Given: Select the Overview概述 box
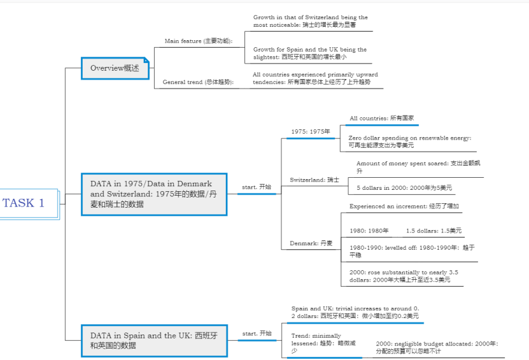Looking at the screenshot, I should click(x=115, y=68).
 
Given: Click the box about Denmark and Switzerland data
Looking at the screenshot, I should click(x=154, y=194).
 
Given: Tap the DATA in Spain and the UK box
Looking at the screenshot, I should click(x=154, y=340).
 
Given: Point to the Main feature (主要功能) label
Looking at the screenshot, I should click(x=199, y=41).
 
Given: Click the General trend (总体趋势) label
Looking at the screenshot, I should click(x=198, y=82).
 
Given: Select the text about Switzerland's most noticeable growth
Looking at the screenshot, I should click(x=310, y=21).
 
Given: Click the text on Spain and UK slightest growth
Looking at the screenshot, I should click(x=310, y=53).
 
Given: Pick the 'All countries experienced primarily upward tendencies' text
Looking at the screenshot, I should click(x=314, y=78).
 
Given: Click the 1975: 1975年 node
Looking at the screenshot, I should click(x=311, y=132).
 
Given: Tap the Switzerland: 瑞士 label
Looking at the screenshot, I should click(x=314, y=180).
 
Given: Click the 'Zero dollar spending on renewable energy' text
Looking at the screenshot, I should click(x=409, y=141).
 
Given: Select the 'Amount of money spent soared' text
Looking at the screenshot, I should click(x=417, y=167).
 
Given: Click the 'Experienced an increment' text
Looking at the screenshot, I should click(x=404, y=206).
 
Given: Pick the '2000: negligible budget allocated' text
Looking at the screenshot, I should click(x=437, y=347).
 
